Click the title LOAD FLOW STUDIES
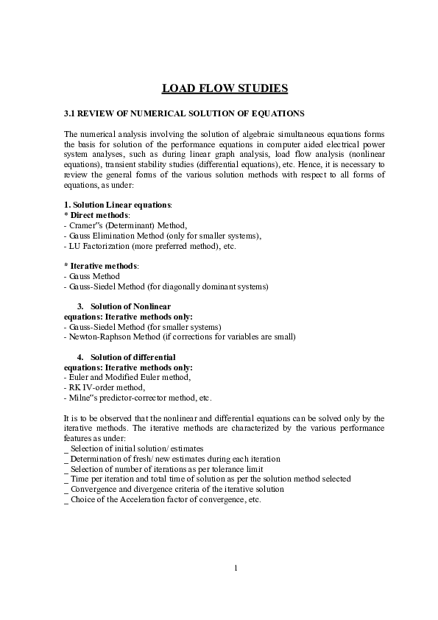(225, 89)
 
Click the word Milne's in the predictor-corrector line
(83, 398)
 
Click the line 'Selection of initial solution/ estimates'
(137, 448)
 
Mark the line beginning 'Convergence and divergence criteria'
(177, 489)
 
